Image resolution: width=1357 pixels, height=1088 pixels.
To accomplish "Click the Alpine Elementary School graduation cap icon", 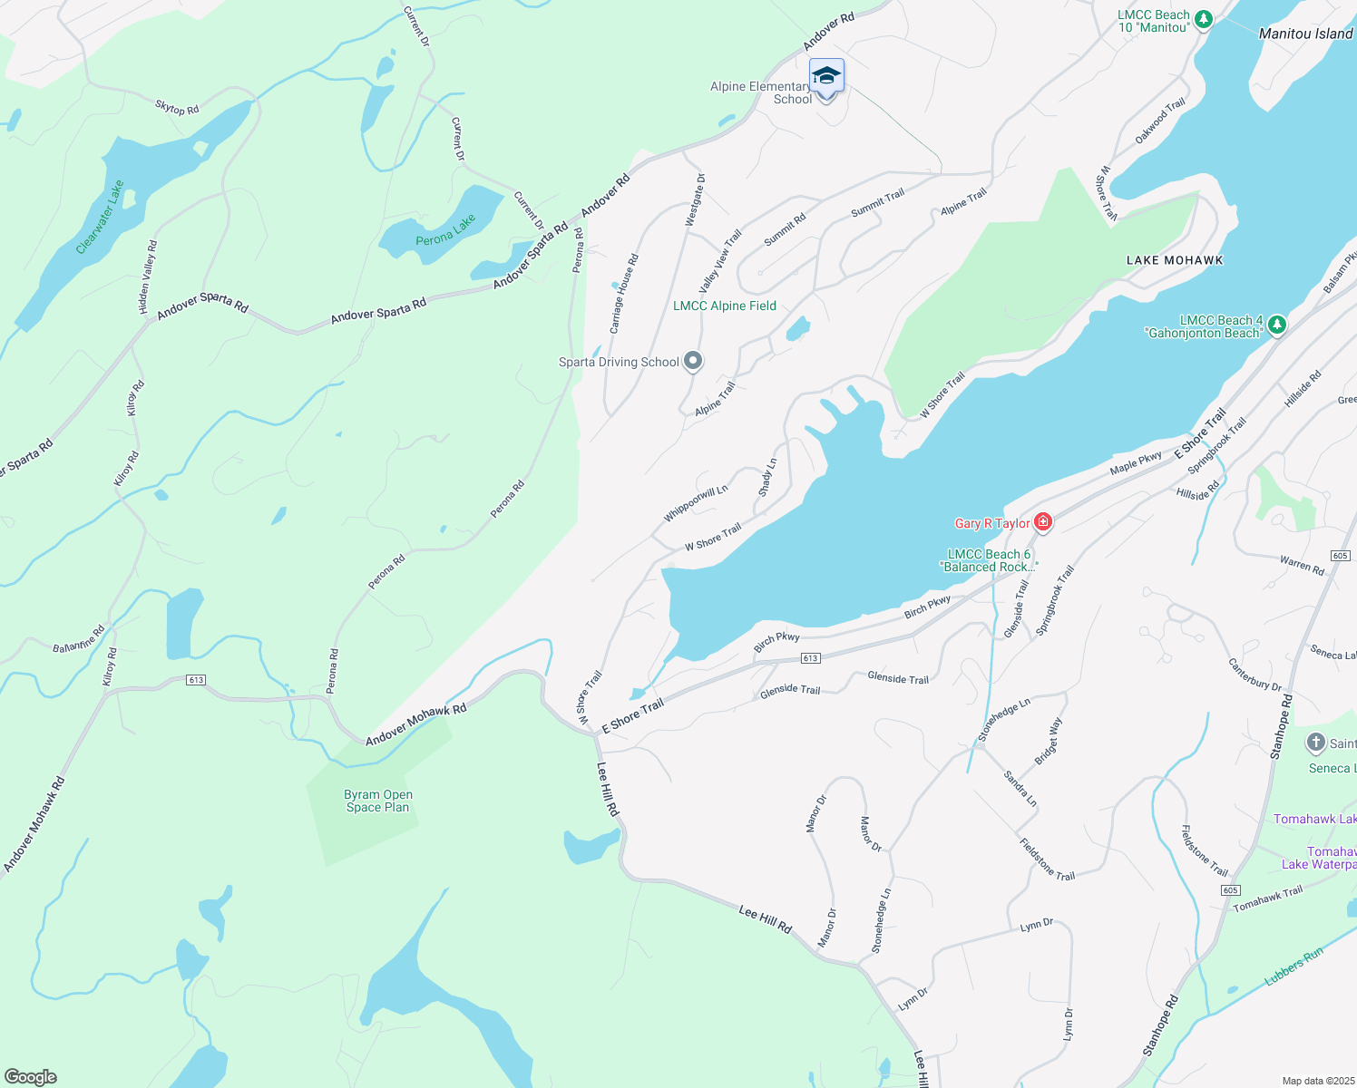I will pos(826,75).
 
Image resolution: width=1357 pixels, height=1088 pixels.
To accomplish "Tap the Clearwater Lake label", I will pos(100,217).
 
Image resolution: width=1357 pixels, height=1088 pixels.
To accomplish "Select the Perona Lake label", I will pos(445,230).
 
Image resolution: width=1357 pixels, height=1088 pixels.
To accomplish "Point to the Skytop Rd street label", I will pos(177,108).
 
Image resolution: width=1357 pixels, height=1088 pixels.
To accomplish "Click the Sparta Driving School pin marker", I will pos(693,362).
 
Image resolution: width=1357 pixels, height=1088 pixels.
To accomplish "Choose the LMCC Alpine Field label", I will pos(724,306).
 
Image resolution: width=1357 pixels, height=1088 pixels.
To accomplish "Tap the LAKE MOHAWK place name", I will pos(1174,260).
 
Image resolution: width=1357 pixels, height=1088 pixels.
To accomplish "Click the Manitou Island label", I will pos(1305,34).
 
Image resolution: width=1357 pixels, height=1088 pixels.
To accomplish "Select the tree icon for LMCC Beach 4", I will pos(1276,324).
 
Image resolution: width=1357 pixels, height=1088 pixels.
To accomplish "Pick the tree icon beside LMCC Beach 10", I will pos(1203,19).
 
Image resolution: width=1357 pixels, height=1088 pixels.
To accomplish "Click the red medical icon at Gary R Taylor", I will pos(1043,521).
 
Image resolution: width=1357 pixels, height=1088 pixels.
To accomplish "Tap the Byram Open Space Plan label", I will pos(378,801).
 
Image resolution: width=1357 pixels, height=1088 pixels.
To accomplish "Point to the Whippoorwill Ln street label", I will pos(695,504).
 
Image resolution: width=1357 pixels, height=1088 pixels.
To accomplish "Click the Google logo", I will pos(31,1076).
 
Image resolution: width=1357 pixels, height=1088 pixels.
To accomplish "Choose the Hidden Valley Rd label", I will pos(147,277).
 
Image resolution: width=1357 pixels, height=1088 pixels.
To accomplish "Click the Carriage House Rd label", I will pos(623,293).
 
